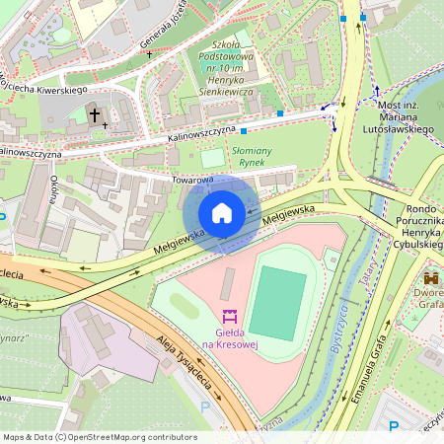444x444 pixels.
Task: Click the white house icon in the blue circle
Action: (x=222, y=213)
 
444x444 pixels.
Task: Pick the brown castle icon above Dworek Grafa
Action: (x=430, y=279)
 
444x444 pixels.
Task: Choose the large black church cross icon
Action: (x=96, y=115)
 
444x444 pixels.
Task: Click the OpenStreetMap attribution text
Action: (x=100, y=437)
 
